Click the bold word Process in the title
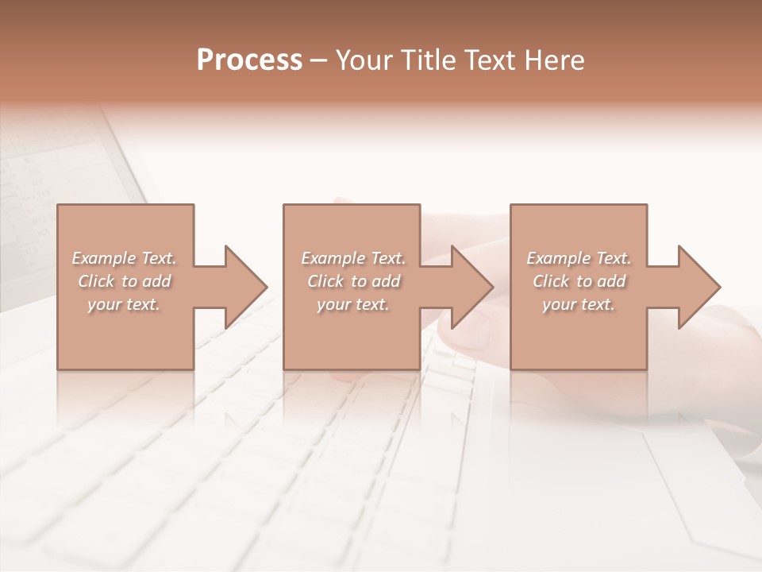[x=249, y=60]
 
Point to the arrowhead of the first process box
[x=246, y=287]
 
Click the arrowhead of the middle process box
[x=472, y=287]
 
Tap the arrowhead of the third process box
[x=699, y=287]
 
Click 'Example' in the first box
[x=104, y=258]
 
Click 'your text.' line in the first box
[x=124, y=305]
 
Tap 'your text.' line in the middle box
[x=353, y=305]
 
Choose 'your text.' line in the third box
[x=579, y=305]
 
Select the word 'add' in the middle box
[x=386, y=282]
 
